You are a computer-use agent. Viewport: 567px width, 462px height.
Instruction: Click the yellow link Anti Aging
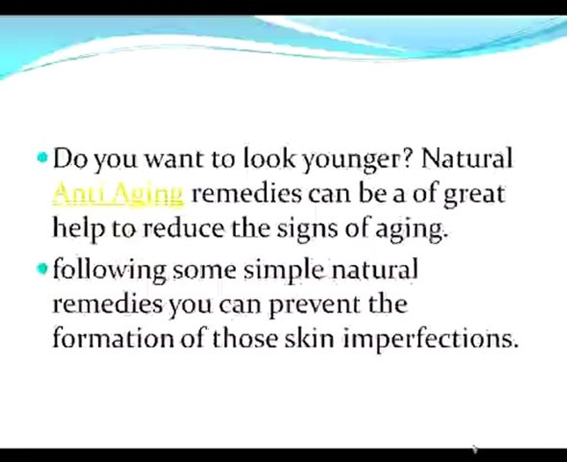click(x=117, y=193)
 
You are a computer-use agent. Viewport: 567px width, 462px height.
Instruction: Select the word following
click(x=109, y=270)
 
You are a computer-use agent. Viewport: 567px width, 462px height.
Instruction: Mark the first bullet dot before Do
click(x=43, y=157)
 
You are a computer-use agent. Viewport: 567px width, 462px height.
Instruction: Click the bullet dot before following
click(x=43, y=268)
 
